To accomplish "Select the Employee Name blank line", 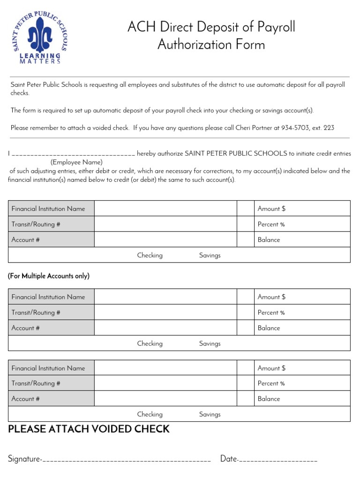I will click(x=73, y=154).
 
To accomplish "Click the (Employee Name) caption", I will click(x=76, y=162).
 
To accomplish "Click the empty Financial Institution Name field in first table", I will click(x=165, y=209).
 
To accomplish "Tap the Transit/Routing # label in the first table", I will click(x=36, y=224).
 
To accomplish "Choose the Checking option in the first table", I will click(x=150, y=255).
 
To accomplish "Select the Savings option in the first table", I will click(x=210, y=255).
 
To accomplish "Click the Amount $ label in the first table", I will click(x=271, y=209).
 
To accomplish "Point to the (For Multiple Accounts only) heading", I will click(x=49, y=276).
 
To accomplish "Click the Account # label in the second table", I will click(x=25, y=328).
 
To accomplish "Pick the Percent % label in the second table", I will click(x=271, y=313).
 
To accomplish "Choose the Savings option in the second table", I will click(x=210, y=344).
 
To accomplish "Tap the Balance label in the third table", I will click(x=269, y=399).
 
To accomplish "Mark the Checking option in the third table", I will click(x=150, y=414).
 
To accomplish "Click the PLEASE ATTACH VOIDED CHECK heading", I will click(x=89, y=429).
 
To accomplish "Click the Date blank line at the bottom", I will click(x=278, y=460).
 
